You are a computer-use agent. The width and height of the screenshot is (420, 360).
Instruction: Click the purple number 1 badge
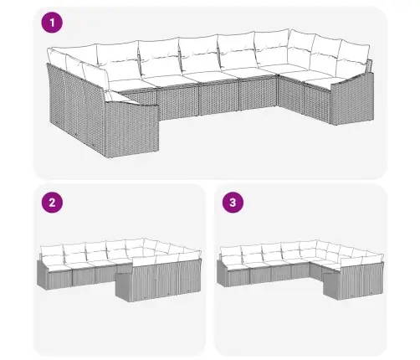(x=52, y=23)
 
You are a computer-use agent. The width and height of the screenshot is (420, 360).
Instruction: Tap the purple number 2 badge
(x=52, y=203)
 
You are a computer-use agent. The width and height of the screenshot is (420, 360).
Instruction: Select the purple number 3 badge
(x=233, y=203)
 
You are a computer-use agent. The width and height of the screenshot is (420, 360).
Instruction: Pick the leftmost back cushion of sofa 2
(x=52, y=254)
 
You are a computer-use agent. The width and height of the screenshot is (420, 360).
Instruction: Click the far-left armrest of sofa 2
(x=42, y=274)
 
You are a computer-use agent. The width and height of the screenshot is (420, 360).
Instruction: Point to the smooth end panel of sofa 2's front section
(x=123, y=287)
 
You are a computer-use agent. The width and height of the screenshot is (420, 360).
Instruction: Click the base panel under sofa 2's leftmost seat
(x=59, y=280)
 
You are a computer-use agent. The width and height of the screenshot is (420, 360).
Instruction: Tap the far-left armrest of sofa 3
(x=222, y=273)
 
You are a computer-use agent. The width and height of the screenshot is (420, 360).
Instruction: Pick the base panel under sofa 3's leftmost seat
(x=238, y=278)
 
